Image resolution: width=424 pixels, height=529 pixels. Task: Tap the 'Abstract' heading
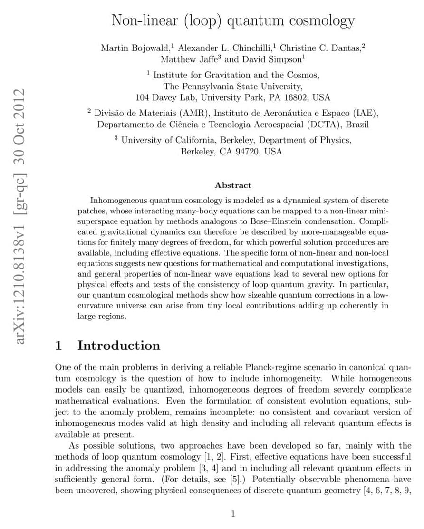click(233, 185)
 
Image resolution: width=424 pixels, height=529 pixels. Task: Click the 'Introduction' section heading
click(119, 346)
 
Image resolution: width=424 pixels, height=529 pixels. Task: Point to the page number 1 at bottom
click(232, 513)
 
